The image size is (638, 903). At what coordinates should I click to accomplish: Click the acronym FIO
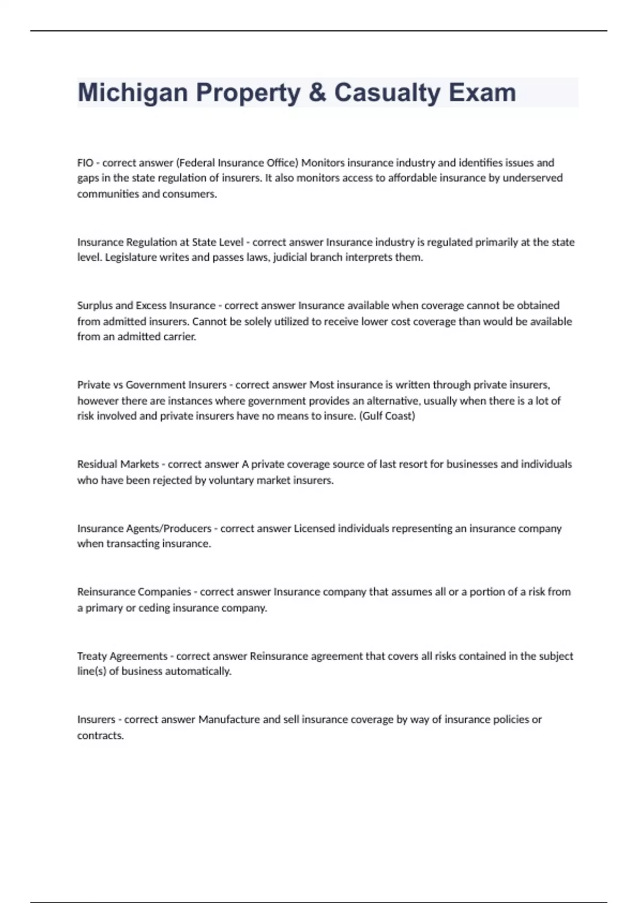click(x=85, y=163)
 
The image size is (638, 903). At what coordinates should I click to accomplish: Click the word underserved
click(x=532, y=178)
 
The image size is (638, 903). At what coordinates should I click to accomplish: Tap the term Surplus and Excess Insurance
click(x=146, y=305)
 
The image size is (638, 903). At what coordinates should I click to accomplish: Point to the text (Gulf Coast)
click(x=387, y=416)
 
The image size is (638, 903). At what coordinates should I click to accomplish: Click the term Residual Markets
click(x=118, y=464)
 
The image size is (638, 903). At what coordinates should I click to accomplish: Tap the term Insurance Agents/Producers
click(x=144, y=529)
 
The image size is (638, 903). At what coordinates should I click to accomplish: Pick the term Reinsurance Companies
click(x=134, y=592)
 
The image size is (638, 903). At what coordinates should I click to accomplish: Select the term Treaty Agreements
click(x=122, y=656)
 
